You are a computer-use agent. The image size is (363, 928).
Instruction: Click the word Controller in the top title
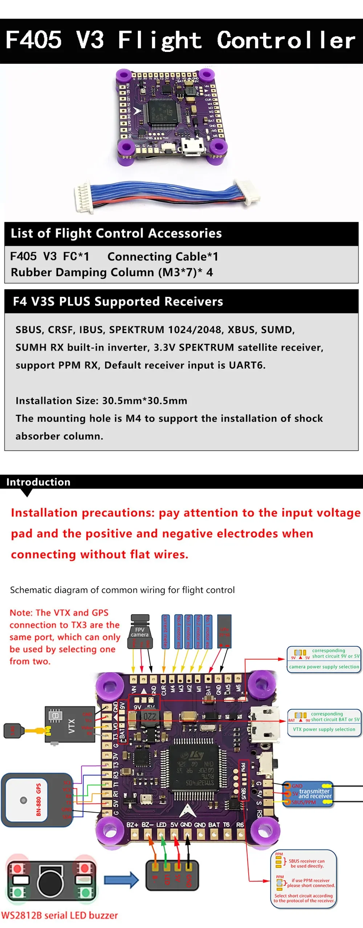(x=286, y=40)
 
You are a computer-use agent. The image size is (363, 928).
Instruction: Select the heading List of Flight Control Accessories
(x=116, y=233)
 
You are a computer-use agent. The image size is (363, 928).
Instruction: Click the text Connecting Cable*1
(x=163, y=257)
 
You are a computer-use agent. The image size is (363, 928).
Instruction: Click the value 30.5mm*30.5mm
(x=144, y=401)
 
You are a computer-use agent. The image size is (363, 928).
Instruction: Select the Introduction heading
(x=38, y=482)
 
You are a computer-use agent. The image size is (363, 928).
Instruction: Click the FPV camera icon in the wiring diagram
(x=140, y=632)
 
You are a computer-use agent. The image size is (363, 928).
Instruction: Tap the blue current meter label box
(x=166, y=632)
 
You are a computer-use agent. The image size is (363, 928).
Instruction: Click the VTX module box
(x=70, y=724)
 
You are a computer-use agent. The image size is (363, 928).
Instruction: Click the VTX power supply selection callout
(x=324, y=723)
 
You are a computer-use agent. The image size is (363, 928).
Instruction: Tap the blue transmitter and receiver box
(x=308, y=794)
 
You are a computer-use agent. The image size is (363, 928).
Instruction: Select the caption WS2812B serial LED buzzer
(x=60, y=915)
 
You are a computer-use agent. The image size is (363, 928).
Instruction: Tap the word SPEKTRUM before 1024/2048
(x=136, y=330)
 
